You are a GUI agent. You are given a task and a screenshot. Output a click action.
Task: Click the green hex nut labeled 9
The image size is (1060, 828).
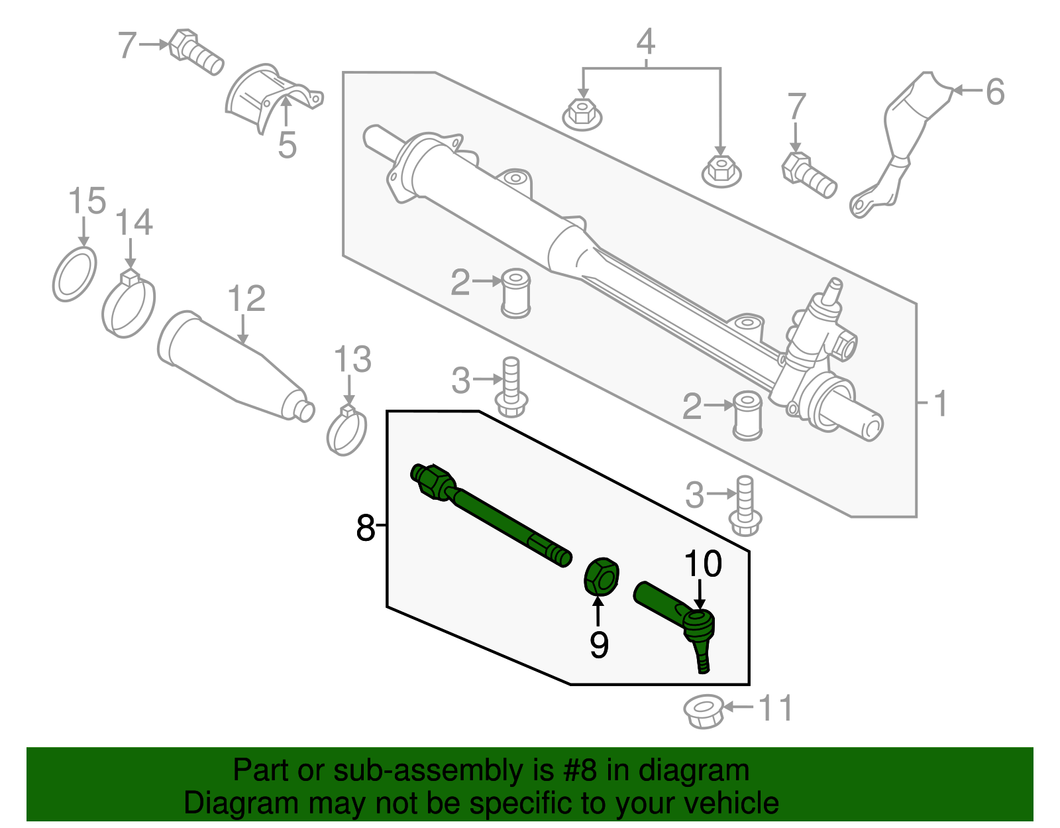pyautogui.click(x=601, y=575)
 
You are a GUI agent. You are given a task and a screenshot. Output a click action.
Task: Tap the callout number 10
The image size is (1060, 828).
pyautogui.click(x=702, y=564)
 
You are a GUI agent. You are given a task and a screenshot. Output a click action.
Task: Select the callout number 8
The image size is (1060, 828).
pyautogui.click(x=365, y=528)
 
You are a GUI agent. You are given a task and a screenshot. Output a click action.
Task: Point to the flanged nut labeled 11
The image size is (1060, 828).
pyautogui.click(x=704, y=711)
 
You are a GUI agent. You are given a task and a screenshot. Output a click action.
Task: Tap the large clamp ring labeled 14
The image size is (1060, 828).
pyautogui.click(x=129, y=306)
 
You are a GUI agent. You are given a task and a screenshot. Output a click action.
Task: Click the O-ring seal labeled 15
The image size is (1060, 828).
pyautogui.click(x=74, y=274)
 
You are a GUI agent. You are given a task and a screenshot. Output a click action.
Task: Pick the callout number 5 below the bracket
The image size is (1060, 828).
pyautogui.click(x=287, y=145)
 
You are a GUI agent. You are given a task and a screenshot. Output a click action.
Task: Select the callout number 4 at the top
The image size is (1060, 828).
pyautogui.click(x=645, y=42)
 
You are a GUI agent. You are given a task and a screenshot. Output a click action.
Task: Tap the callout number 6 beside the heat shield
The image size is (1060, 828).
pyautogui.click(x=994, y=91)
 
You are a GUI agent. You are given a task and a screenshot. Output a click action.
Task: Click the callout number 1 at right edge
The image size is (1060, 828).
pyautogui.click(x=940, y=403)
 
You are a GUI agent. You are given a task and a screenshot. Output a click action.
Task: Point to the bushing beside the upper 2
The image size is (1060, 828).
pyautogui.click(x=516, y=292)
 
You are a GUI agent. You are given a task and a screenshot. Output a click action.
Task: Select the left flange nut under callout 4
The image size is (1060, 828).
pyautogui.click(x=582, y=115)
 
